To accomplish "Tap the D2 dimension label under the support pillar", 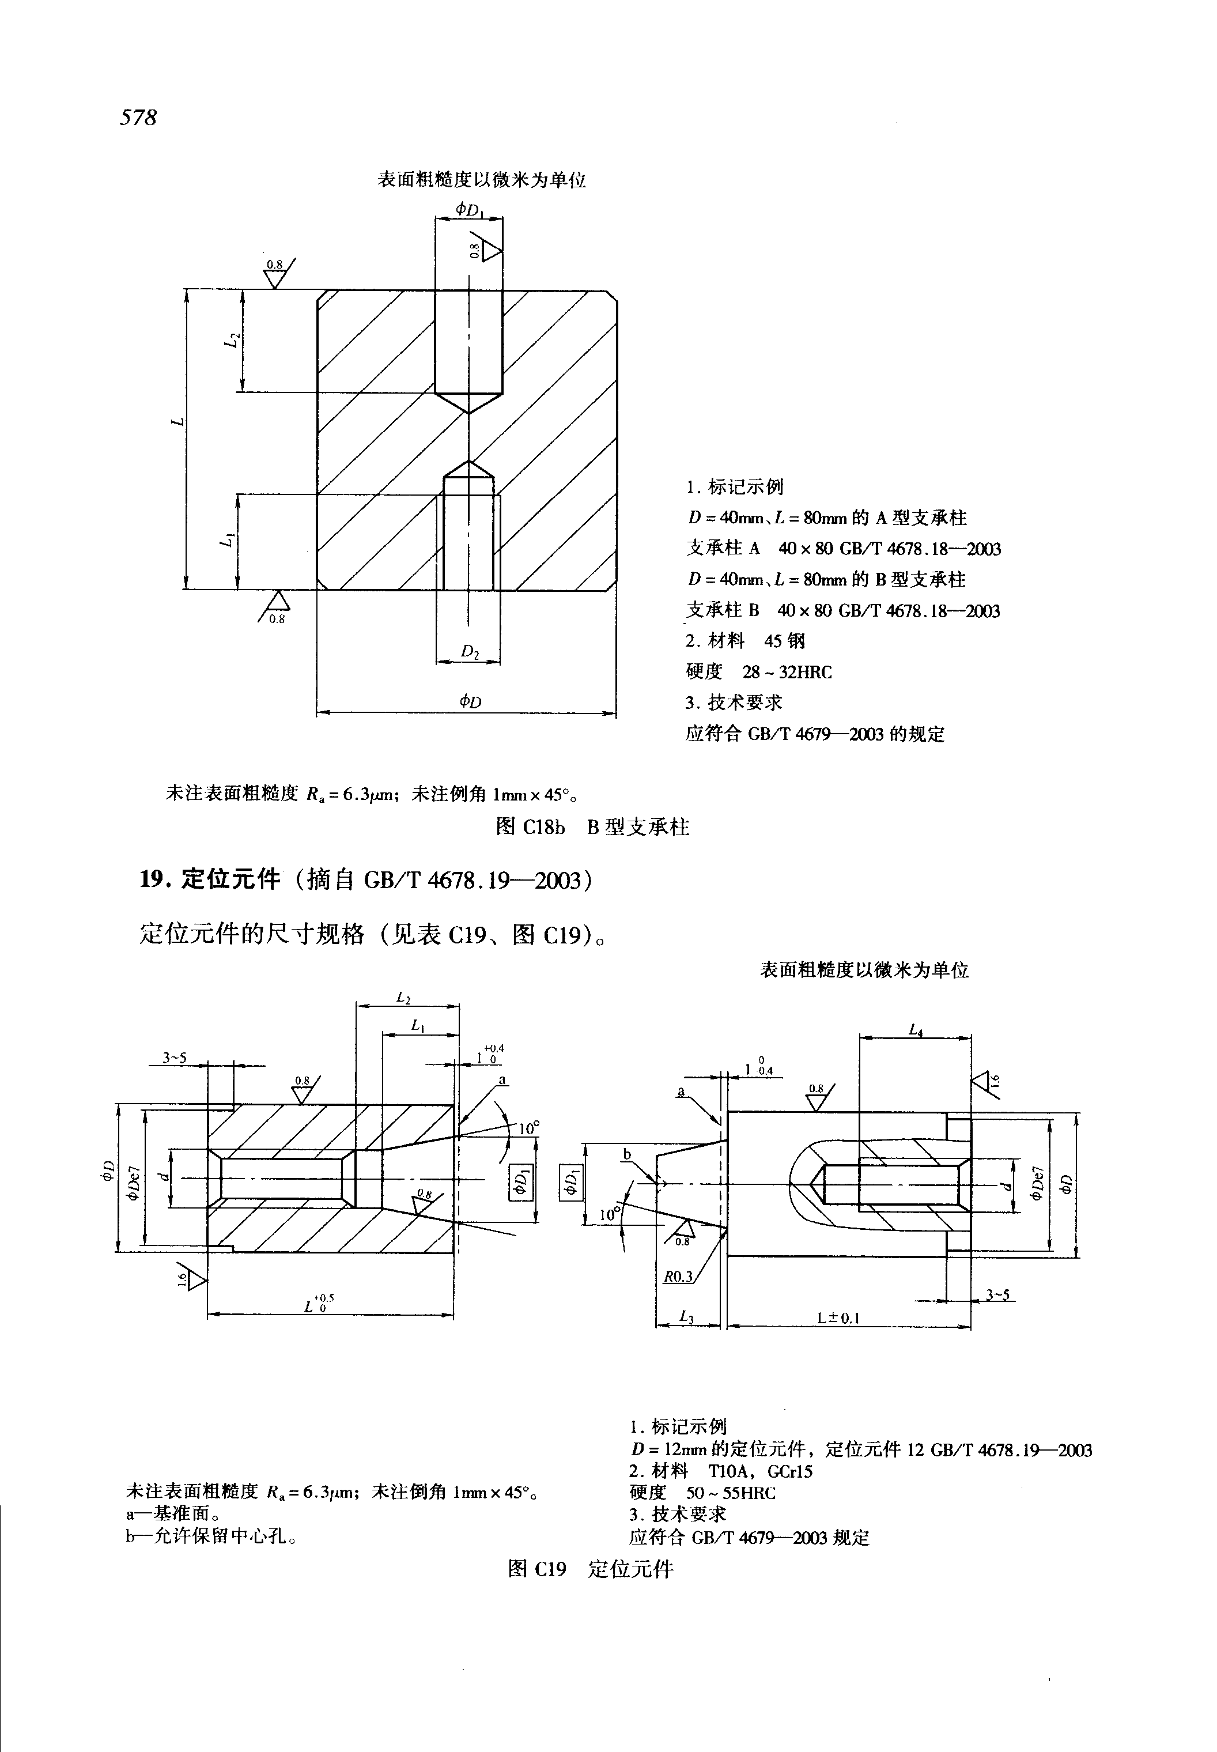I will pyautogui.click(x=470, y=651).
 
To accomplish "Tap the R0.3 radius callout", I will pyautogui.click(x=678, y=1276).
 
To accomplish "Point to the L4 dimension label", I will pyautogui.click(x=916, y=1030).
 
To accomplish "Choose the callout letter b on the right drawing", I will pyautogui.click(x=627, y=1155).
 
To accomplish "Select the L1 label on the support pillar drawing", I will pyautogui.click(x=226, y=540).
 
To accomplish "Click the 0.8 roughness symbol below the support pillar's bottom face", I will pyautogui.click(x=275, y=608).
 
